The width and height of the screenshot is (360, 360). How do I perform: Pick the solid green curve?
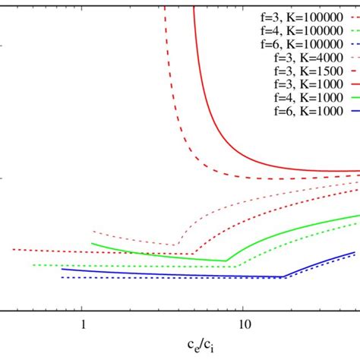pos(167,255)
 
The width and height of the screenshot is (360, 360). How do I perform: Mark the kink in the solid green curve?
pos(226,261)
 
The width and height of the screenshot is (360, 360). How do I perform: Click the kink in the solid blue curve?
pos(284,277)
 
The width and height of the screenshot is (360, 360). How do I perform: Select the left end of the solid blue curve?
pos(62,269)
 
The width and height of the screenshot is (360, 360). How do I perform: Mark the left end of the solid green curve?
pos(91,244)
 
